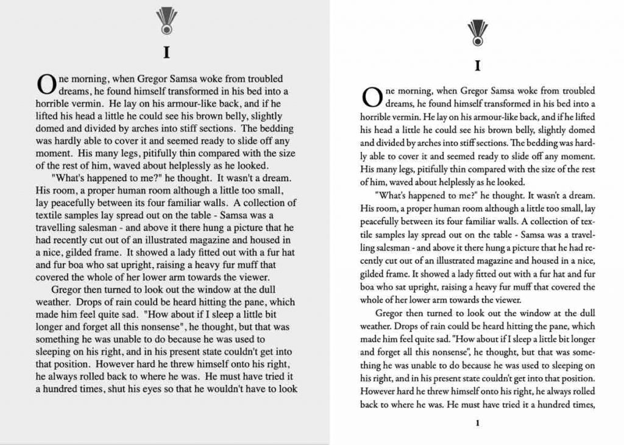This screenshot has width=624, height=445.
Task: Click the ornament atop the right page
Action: [477, 32]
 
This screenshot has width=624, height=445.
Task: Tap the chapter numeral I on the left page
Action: [166, 52]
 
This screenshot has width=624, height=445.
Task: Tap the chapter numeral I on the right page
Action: [478, 65]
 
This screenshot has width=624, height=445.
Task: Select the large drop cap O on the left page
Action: [44, 82]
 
